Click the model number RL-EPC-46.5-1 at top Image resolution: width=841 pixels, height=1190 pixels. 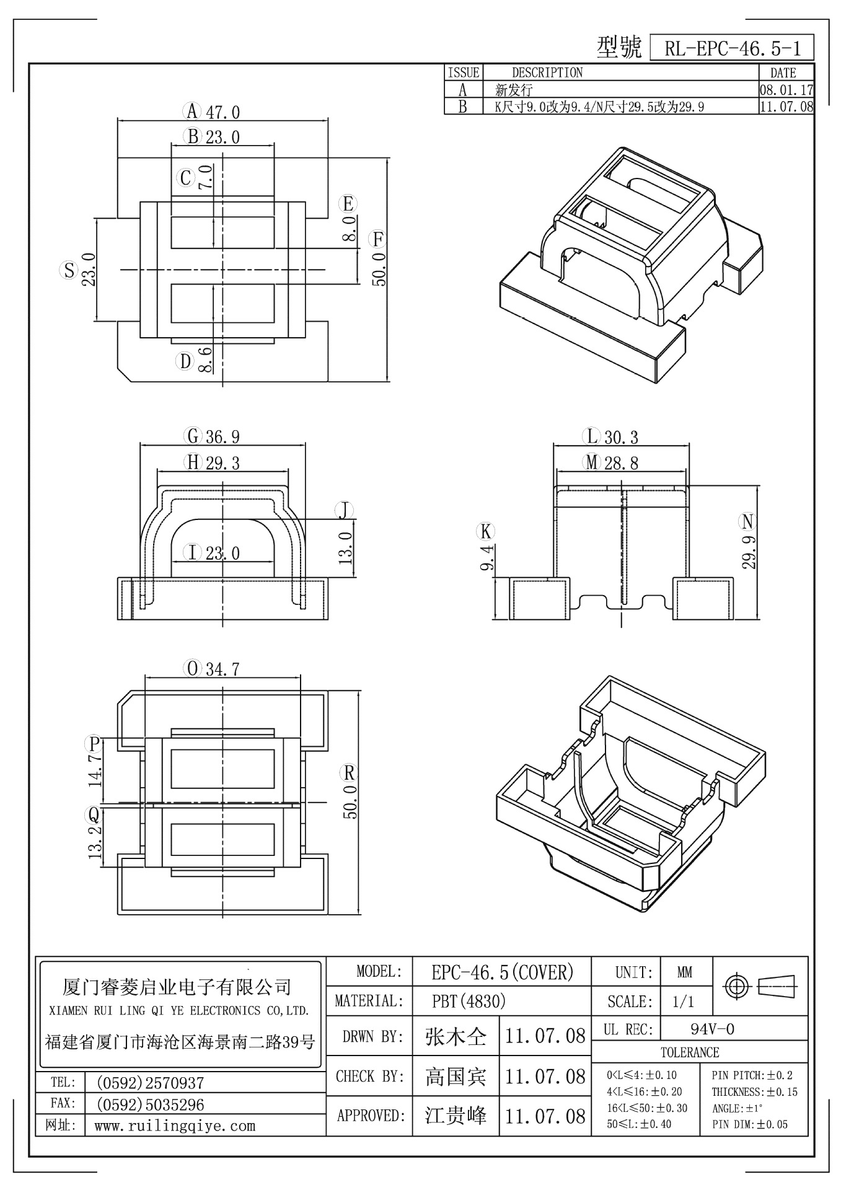click(732, 48)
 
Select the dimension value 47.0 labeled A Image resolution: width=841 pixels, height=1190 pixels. click(222, 112)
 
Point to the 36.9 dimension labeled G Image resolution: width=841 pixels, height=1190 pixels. click(222, 437)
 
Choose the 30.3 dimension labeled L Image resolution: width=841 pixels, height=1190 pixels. click(621, 438)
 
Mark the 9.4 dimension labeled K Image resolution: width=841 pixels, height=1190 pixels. click(487, 557)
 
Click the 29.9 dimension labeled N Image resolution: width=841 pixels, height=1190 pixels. click(749, 551)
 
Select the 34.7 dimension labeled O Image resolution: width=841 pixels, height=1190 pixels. click(222, 669)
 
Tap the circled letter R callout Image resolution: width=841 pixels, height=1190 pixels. click(350, 772)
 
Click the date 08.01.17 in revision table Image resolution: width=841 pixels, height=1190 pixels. click(786, 90)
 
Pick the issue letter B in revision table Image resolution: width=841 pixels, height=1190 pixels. click(462, 107)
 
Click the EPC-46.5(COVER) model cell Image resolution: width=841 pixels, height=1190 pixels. click(502, 972)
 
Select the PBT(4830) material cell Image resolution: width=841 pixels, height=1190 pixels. click(469, 1000)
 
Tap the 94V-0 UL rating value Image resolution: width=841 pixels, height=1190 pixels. click(713, 1029)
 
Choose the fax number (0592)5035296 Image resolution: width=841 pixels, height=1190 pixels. click(149, 1104)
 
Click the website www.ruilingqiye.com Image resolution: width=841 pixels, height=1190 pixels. click(175, 1126)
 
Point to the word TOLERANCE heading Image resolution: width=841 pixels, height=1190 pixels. click(690, 1052)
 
